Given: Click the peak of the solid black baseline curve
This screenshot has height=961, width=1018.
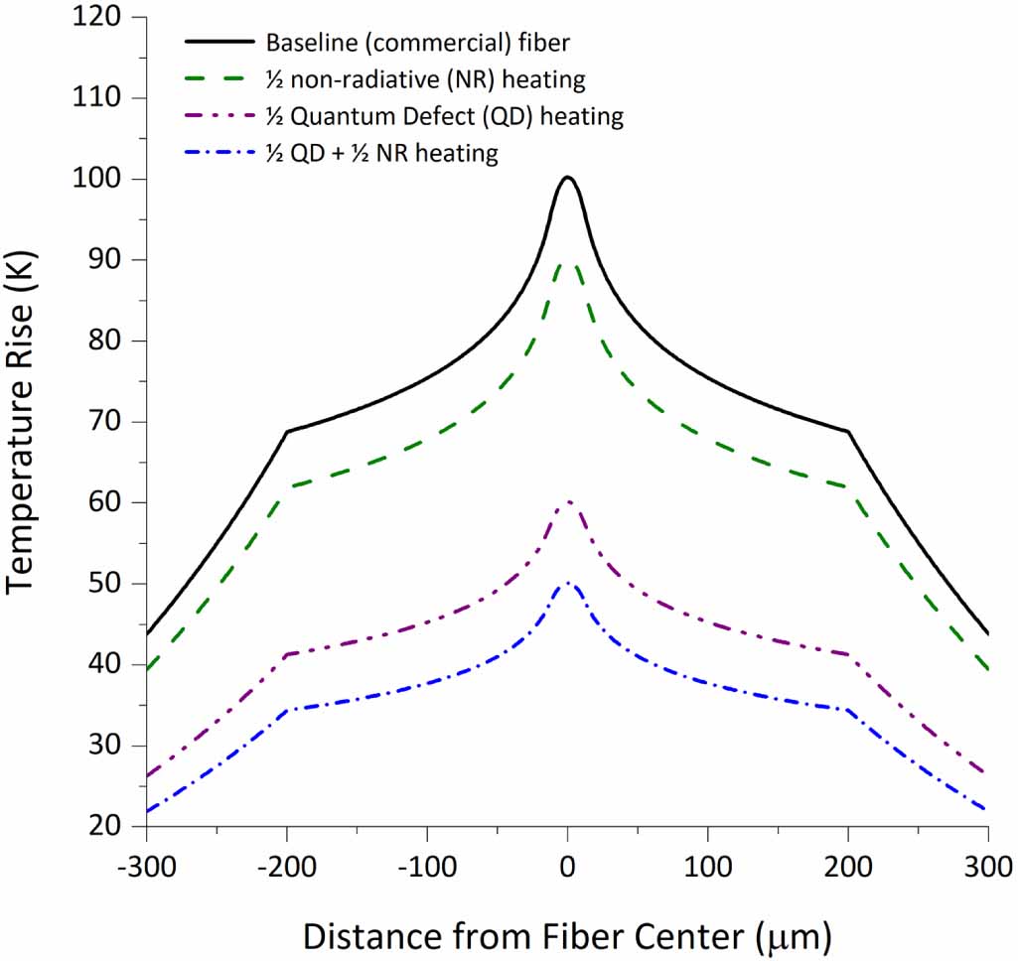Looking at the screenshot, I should click(x=567, y=178).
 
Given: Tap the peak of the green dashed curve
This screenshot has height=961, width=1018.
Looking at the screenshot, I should click(x=567, y=263).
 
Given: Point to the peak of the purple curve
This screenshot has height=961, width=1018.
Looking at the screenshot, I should click(x=567, y=502).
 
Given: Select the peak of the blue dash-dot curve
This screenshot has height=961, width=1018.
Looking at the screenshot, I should click(x=567, y=583).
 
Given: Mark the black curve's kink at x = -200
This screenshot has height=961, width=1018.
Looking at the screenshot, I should click(x=287, y=432).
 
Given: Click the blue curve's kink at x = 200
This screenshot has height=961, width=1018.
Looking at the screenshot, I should click(x=848, y=710).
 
